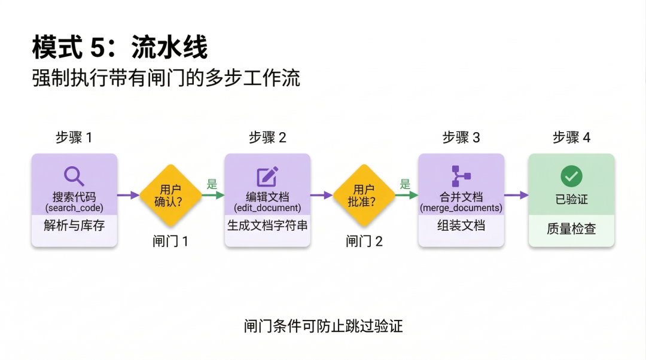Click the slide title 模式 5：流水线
coord(120,48)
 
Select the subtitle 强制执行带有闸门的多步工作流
coord(166,79)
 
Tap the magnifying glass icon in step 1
coord(74,176)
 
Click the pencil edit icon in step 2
coord(267,176)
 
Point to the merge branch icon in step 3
coord(461,176)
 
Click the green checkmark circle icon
coord(571,176)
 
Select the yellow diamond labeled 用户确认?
coord(170,196)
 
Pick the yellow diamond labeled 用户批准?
coord(364,196)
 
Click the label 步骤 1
coord(74,138)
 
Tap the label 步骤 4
coord(571,138)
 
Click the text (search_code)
coord(74,208)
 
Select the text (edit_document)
coord(267,208)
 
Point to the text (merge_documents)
coord(461,208)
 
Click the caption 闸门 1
coord(170,242)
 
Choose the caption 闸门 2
coord(364,242)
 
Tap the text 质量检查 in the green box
coord(571,229)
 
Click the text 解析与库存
coord(74,226)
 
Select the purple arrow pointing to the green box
coord(516,195)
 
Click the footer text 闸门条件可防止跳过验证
coord(323,326)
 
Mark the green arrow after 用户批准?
coord(406,195)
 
